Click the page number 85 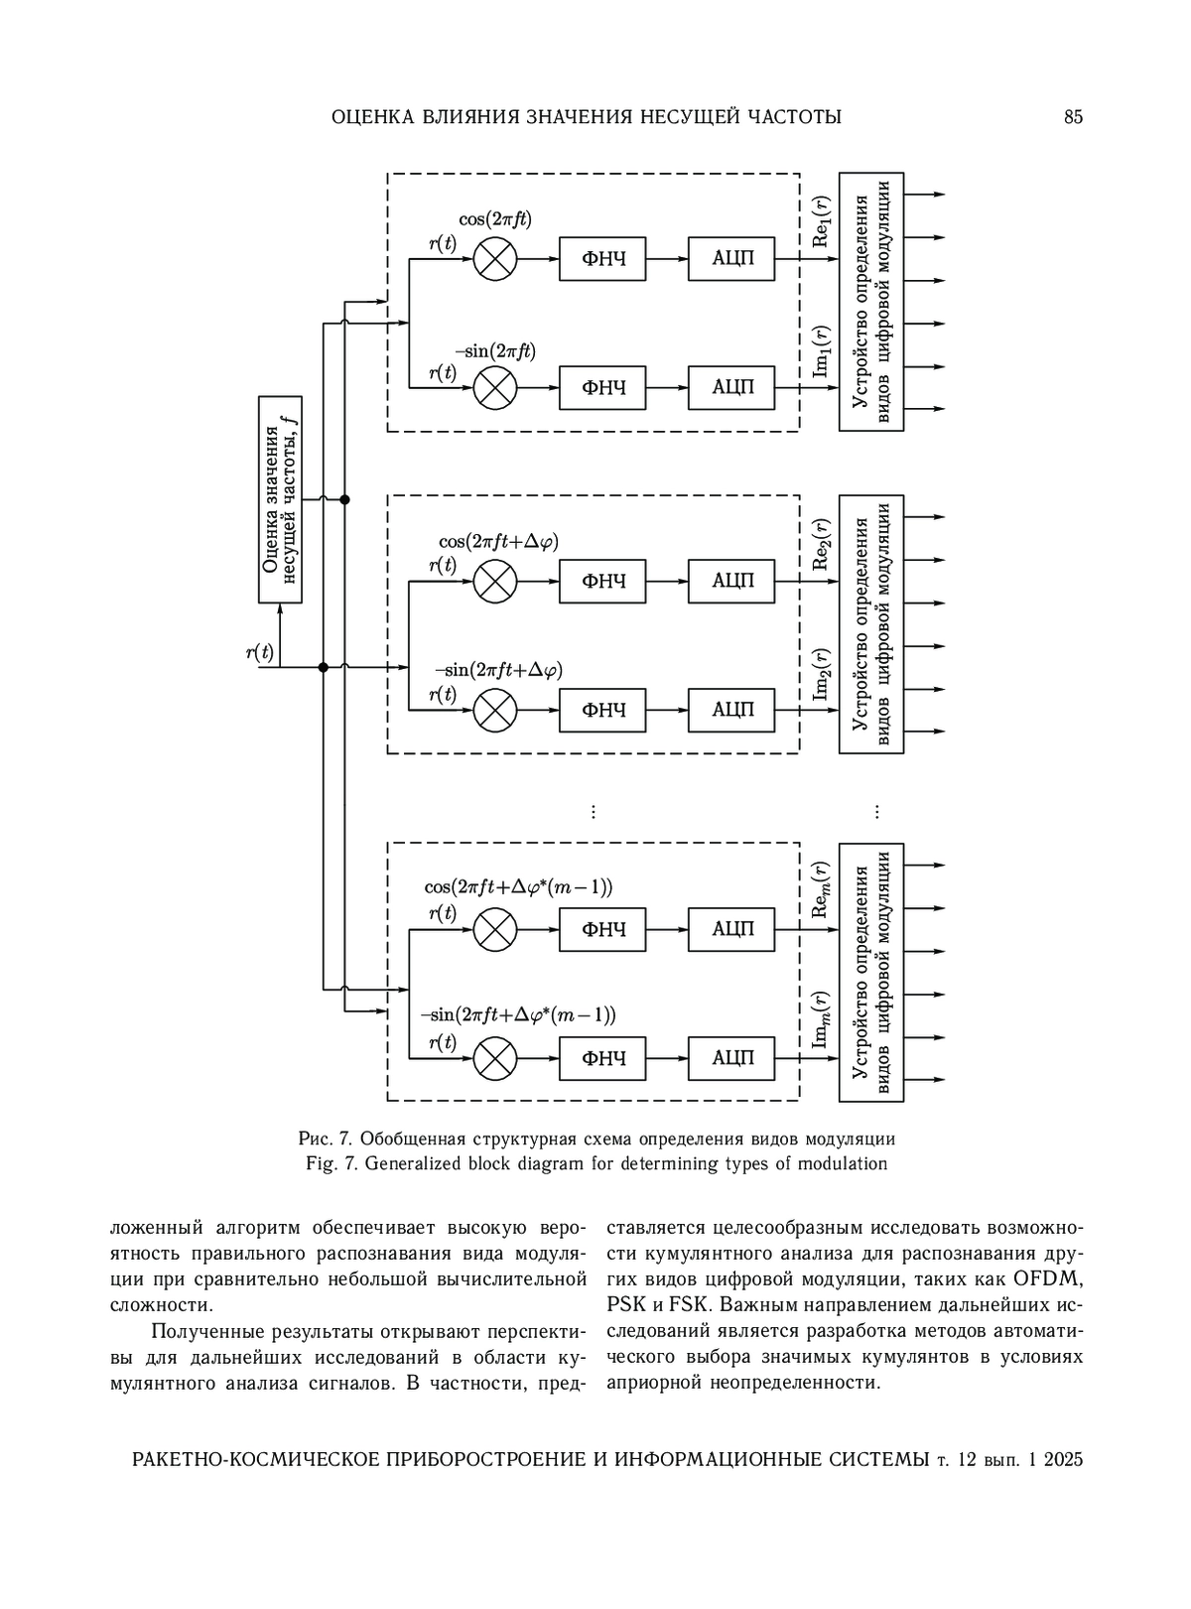(1073, 117)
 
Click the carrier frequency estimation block (280, 499)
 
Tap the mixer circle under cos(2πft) (494, 259)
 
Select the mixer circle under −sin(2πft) (494, 388)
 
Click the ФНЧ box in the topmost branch (602, 259)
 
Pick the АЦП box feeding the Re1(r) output (731, 259)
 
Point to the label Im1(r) (821, 350)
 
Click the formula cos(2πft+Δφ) (499, 542)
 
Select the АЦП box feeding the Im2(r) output (731, 710)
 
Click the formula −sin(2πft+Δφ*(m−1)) (518, 1014)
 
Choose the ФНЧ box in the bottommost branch (602, 1058)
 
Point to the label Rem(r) (821, 890)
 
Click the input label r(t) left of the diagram (260, 653)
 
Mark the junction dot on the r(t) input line (324, 667)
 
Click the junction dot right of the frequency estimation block (344, 499)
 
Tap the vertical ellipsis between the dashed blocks (594, 812)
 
